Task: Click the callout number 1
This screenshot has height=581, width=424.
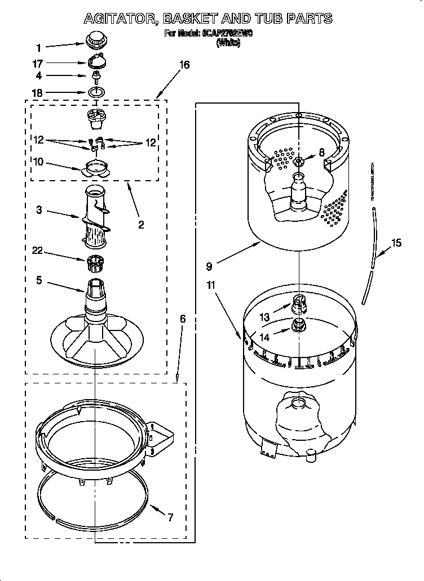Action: [38, 48]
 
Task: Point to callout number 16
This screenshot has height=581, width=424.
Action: [184, 65]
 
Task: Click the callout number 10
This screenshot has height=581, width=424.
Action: [38, 162]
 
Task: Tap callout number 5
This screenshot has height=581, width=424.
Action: [38, 280]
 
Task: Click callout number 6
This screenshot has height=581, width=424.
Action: [183, 319]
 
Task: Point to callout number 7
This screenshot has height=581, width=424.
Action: [170, 517]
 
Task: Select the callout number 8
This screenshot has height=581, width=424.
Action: [322, 151]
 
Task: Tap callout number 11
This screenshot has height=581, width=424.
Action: [211, 285]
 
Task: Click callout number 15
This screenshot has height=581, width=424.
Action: [396, 243]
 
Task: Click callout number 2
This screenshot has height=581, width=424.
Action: [140, 225]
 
